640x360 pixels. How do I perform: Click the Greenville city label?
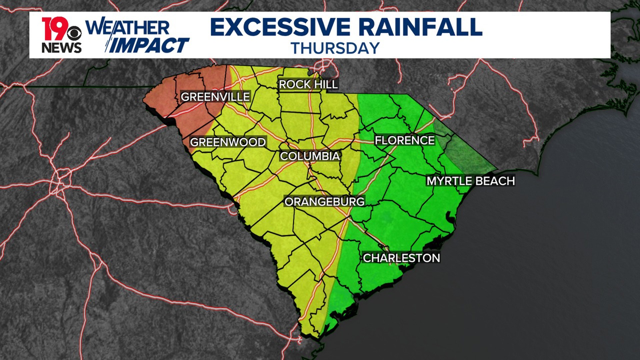215,97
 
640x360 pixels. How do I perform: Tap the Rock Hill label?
308,84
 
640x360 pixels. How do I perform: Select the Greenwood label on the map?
228,142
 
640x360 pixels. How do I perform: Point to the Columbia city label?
310,156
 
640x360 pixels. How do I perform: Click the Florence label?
404,140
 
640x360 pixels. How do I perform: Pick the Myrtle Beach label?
471,181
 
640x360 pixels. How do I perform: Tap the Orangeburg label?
324,202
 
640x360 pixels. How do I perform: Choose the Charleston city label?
401,258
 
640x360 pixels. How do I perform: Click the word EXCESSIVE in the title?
280,27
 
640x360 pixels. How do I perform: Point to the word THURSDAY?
335,48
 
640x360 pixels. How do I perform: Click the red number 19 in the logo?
53,29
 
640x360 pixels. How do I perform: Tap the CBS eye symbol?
74,33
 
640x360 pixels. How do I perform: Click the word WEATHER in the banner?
128,27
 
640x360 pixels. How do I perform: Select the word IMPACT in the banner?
148,45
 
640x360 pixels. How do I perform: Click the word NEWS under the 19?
61,48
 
